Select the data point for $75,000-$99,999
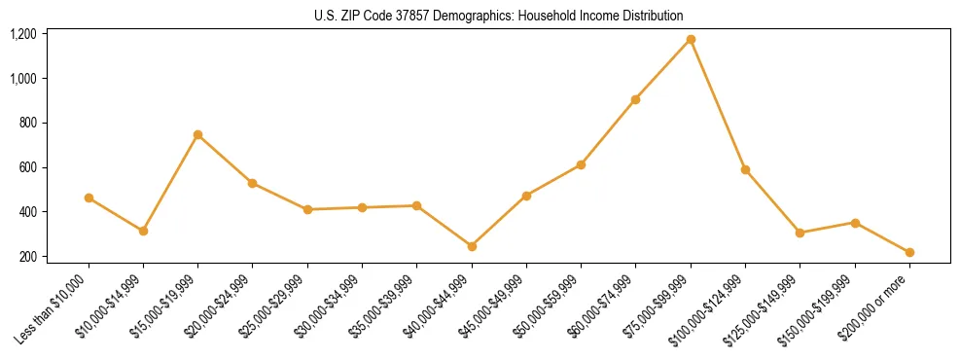tap(691, 39)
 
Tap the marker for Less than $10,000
tap(89, 198)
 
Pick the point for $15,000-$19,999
tap(197, 134)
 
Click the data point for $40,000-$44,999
tap(472, 246)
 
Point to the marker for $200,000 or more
tap(909, 252)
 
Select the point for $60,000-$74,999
tap(635, 99)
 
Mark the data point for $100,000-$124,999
tap(745, 169)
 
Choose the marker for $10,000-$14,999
tap(143, 231)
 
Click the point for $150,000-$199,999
tap(855, 223)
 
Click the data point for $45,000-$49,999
tap(526, 196)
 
